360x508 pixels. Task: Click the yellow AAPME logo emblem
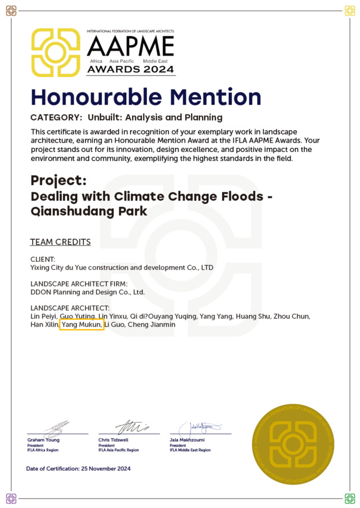pos(55,52)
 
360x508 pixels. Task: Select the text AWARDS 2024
pos(131,70)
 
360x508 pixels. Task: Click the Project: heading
pos(58,181)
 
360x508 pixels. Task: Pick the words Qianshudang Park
pos(88,211)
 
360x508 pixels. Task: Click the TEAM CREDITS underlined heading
pos(60,242)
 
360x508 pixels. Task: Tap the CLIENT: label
pos(43,259)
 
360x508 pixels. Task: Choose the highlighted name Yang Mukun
pos(82,325)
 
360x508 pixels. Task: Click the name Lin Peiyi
pos(44,317)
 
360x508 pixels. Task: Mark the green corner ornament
pos(349,498)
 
